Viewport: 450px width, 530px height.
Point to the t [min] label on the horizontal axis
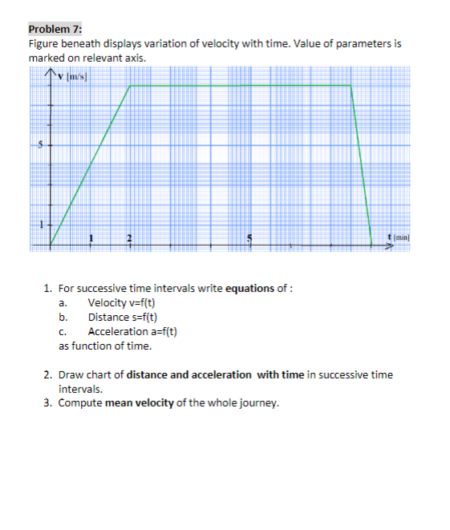[x=398, y=237]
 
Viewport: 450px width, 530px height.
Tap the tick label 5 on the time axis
[x=249, y=237]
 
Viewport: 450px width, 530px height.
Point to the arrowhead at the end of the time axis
[x=392, y=245]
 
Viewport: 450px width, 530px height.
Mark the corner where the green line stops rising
[x=130, y=85]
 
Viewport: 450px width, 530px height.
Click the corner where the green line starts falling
[x=351, y=85]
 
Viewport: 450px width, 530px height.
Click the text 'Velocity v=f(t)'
[x=121, y=302]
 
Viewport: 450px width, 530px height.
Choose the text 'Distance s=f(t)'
[x=122, y=317]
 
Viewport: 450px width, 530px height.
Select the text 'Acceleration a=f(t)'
[x=132, y=331]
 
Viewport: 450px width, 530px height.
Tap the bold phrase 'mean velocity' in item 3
[x=140, y=403]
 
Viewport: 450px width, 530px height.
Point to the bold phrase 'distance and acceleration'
[x=189, y=374]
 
